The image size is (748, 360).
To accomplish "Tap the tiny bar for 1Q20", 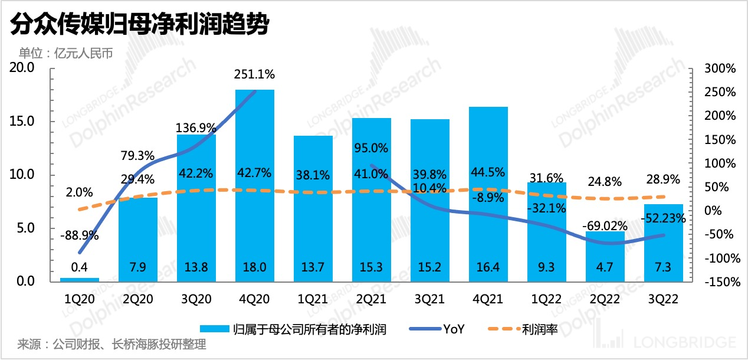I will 80,279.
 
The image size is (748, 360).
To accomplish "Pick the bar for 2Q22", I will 605,256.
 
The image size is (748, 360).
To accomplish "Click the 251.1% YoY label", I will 254,75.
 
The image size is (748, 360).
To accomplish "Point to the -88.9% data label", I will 80,235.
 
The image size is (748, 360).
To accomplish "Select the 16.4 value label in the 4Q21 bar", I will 488,267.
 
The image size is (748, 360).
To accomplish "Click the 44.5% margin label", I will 488,172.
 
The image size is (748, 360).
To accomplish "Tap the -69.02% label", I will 605,225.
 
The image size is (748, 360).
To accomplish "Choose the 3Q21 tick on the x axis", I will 430,299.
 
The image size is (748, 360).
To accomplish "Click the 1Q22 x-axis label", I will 546,299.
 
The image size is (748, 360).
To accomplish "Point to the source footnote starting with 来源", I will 112,345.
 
